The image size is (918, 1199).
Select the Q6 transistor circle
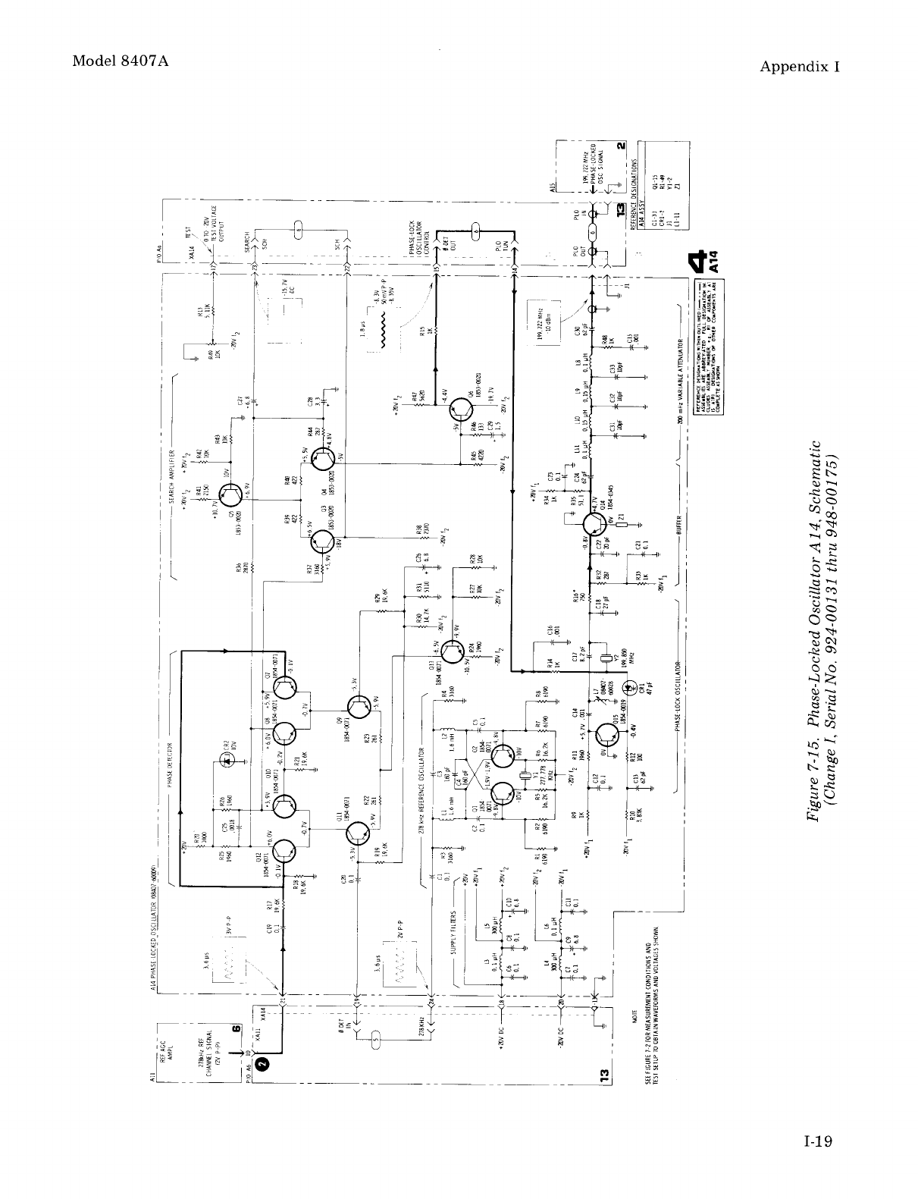(462, 410)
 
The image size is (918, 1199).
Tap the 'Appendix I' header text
(801, 66)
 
